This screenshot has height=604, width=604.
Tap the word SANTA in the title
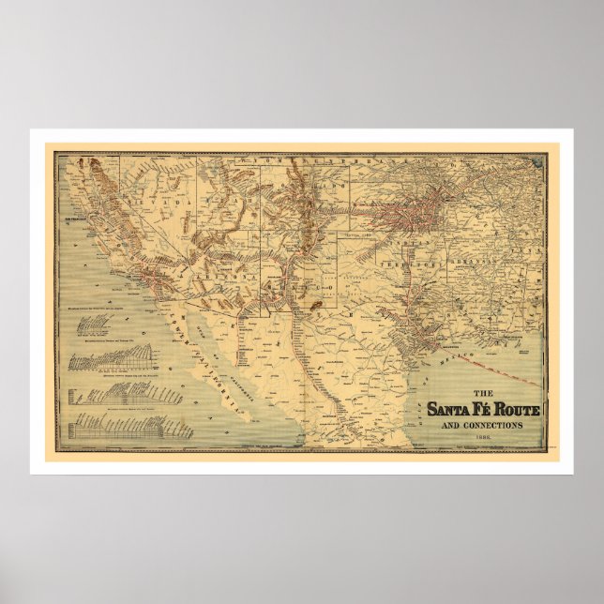click(x=447, y=409)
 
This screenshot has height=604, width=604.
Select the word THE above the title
click(x=480, y=392)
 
